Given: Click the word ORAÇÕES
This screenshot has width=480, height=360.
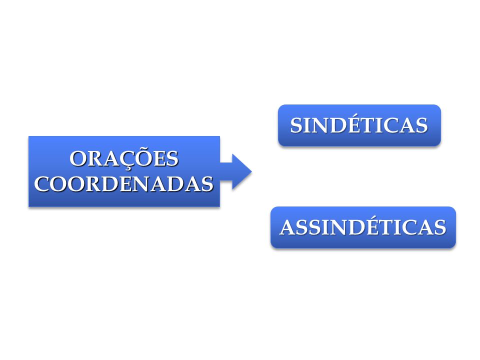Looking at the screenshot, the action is point(124,158).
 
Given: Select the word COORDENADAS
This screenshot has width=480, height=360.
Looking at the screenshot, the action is point(123,184).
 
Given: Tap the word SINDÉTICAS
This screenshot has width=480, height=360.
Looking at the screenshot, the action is point(359,124).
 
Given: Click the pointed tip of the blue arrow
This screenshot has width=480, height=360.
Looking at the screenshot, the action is point(251,171).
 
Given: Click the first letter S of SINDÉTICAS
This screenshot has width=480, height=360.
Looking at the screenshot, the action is point(296,125).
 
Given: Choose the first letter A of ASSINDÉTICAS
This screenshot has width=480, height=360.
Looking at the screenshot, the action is point(288,227).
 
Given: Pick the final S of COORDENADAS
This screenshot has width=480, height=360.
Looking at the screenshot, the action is point(207,184).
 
